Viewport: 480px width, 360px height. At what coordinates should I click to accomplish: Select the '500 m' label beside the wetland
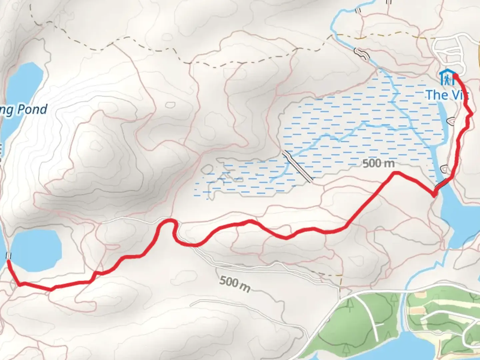379,163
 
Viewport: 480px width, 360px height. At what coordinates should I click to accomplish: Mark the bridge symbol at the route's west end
9,256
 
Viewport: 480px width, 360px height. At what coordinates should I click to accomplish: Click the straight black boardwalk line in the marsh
298,166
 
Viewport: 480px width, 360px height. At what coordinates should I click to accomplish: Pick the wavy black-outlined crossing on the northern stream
362,53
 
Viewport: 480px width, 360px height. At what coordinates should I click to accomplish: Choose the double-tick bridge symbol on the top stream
358,10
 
